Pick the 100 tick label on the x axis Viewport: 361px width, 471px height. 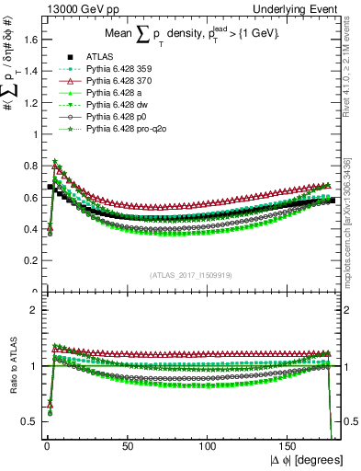(x=208, y=445)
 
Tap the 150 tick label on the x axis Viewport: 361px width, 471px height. (x=288, y=445)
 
